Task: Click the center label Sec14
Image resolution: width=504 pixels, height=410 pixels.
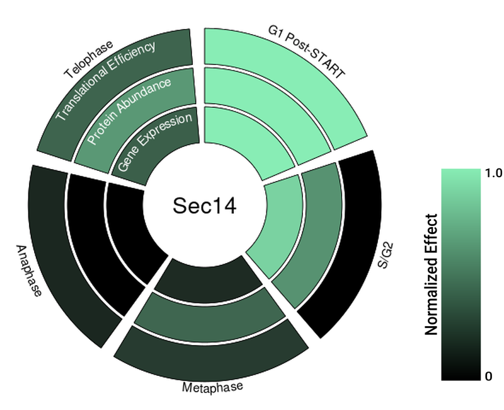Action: click(205, 206)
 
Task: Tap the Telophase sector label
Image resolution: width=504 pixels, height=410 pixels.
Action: click(88, 59)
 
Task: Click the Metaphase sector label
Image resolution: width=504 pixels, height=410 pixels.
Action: click(212, 387)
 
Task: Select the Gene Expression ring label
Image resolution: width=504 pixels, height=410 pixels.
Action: click(155, 142)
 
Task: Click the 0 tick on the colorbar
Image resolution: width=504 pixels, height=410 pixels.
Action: click(489, 377)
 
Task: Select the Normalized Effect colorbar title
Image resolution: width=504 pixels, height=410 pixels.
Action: click(432, 274)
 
